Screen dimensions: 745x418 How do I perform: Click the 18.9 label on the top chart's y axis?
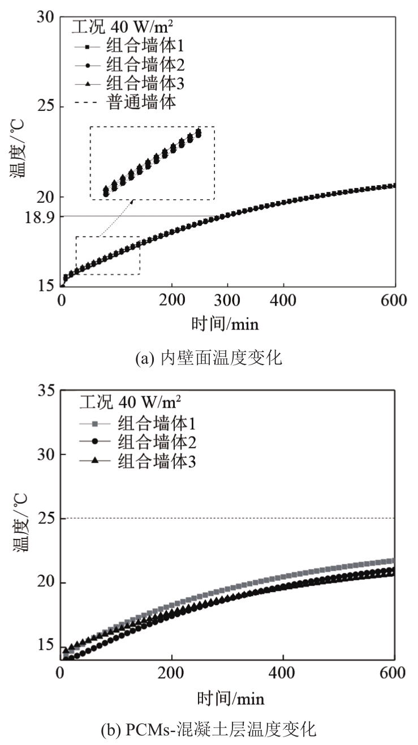click(x=37, y=216)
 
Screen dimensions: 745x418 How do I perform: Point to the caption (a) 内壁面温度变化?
click(x=209, y=358)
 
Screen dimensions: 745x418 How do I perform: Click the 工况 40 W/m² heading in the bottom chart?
click(x=130, y=403)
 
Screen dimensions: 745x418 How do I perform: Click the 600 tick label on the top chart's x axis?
click(x=394, y=301)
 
